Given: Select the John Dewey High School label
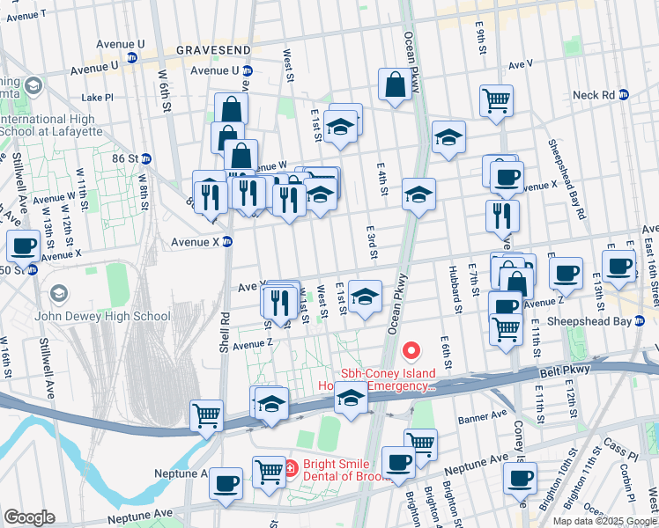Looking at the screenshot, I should point(103,316).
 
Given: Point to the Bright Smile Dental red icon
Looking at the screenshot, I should point(290,467).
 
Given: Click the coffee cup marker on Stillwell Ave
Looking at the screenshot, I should point(22,246).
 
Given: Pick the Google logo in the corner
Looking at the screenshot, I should point(29,517).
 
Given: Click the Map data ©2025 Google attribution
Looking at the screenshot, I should point(604,521).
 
